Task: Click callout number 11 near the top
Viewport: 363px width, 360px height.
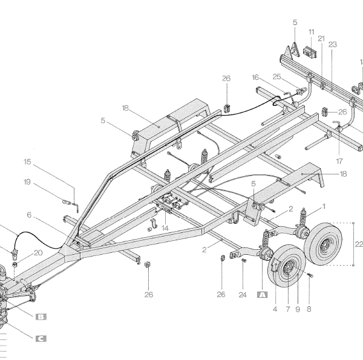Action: point(311,31)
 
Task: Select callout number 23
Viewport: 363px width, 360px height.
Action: point(332,44)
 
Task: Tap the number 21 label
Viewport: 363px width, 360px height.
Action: point(321,38)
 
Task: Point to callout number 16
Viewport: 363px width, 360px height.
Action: point(255,77)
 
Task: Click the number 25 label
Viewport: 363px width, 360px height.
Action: point(276,77)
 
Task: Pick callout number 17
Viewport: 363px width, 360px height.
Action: point(339,162)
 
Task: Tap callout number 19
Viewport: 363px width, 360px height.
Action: point(27,182)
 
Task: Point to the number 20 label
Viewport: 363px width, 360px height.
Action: point(38,253)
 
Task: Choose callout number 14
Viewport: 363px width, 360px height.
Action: point(165,229)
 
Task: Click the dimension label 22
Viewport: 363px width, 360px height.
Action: point(358,244)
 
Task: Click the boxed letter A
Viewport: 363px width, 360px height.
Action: point(262,295)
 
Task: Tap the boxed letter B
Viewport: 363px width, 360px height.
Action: point(41,316)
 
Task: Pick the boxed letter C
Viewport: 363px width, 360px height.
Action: point(41,339)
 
